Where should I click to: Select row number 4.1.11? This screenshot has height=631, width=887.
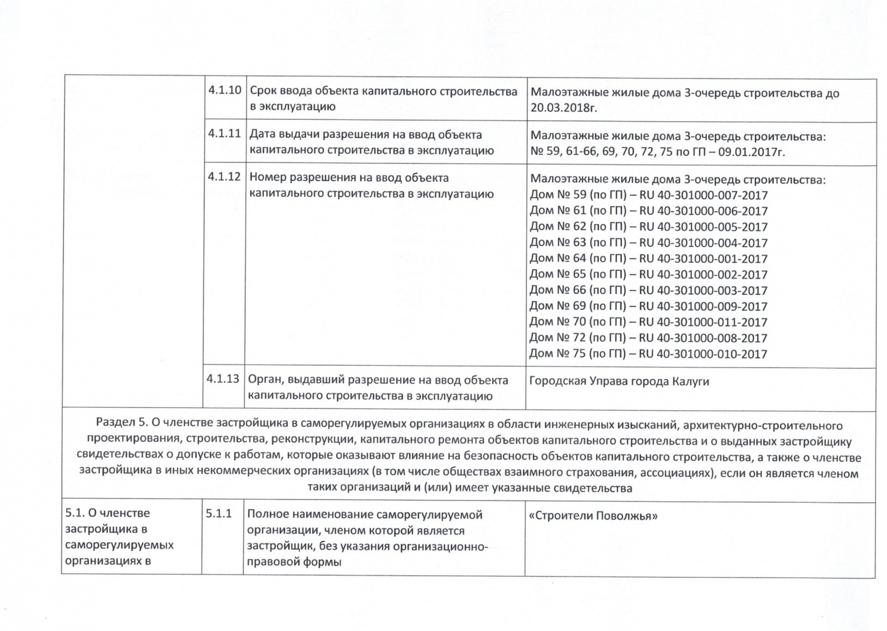click(x=225, y=133)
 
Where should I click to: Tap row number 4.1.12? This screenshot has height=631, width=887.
click(x=225, y=176)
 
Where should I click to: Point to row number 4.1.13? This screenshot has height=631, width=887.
click(x=223, y=379)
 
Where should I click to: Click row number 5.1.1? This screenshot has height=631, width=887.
click(x=219, y=514)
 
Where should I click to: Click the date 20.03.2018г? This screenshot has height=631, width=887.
click(x=564, y=108)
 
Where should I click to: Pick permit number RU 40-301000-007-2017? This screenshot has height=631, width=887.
click(x=704, y=195)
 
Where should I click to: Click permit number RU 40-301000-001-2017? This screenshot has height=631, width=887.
click(x=704, y=258)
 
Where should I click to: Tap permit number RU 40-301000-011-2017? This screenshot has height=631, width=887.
click(x=704, y=322)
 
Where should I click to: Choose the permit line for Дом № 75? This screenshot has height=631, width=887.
click(x=648, y=353)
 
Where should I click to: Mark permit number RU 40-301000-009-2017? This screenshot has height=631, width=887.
click(x=704, y=306)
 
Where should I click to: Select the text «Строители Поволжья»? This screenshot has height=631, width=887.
click(x=593, y=516)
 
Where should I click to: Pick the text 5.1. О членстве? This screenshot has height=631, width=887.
click(x=108, y=513)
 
